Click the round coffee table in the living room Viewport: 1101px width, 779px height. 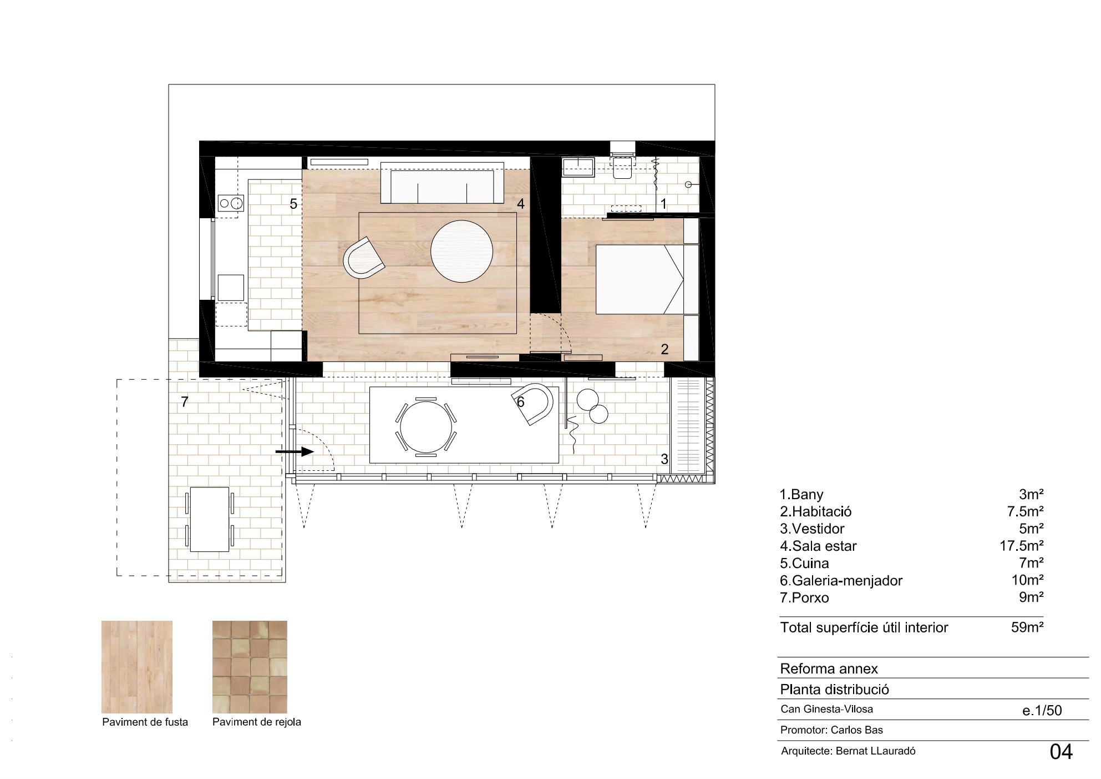tap(461, 252)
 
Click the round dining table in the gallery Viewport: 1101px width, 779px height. tap(425, 427)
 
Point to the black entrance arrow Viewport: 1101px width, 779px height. tap(295, 452)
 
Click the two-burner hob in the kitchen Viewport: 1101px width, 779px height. tap(230, 203)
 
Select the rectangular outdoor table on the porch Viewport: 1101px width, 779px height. tap(209, 520)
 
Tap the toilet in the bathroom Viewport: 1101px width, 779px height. tap(622, 168)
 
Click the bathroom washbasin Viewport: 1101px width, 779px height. tap(577, 167)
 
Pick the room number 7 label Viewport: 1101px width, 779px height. tap(185, 401)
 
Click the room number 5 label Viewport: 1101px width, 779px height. tap(293, 204)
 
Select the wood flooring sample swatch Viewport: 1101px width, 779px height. tap(137, 666)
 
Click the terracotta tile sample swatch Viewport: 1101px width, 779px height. tap(250, 666)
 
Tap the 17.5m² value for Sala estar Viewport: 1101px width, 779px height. tap(1021, 546)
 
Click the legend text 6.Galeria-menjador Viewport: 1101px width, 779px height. tap(841, 581)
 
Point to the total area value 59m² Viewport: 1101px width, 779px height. tap(1027, 627)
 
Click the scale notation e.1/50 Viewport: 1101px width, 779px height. tap(1042, 710)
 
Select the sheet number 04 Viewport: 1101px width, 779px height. tap(1061, 752)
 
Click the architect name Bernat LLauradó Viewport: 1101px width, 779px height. tap(875, 751)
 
